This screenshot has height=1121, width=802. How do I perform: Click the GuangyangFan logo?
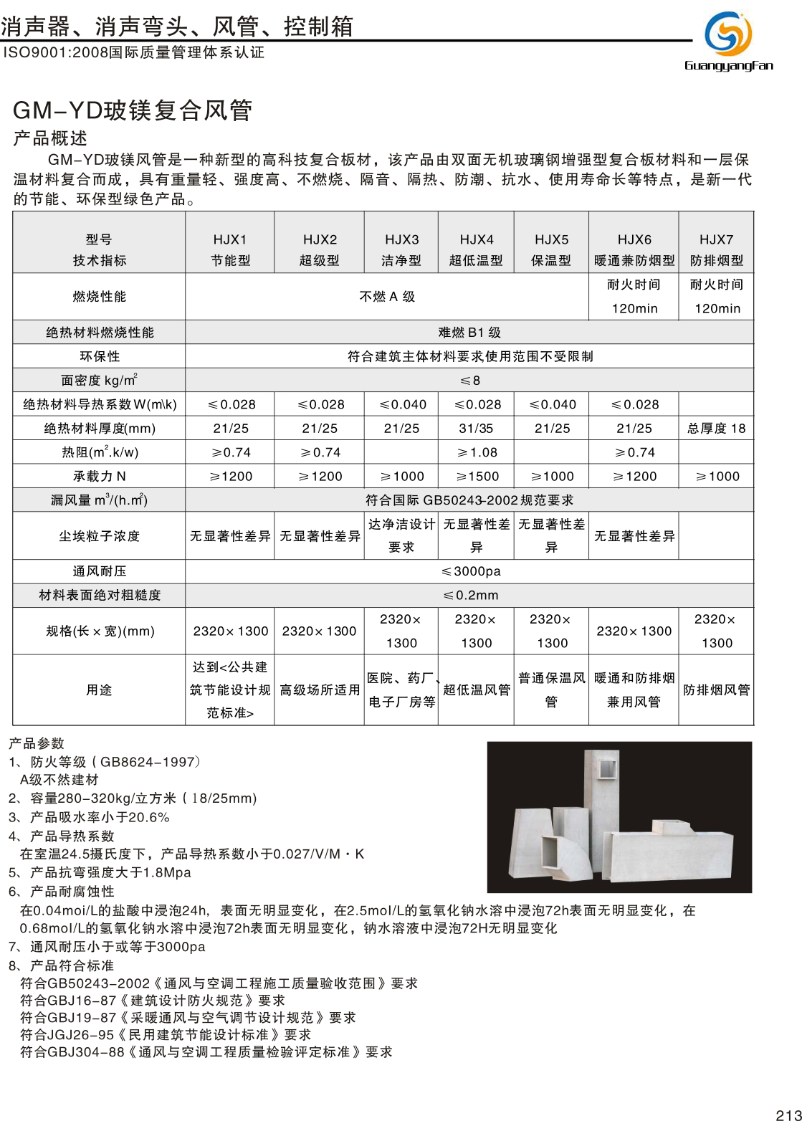[x=728, y=40]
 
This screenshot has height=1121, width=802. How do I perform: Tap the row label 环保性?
[x=100, y=356]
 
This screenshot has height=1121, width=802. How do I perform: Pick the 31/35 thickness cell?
[x=477, y=428]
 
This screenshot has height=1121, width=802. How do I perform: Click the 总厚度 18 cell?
[x=716, y=428]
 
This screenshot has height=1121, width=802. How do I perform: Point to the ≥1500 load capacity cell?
[x=477, y=476]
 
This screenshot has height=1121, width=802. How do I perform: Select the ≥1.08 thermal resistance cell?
[x=477, y=452]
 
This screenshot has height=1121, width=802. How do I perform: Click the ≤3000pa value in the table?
[x=470, y=571]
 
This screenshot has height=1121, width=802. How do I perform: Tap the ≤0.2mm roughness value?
[x=470, y=595]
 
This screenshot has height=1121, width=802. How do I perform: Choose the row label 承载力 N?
[x=100, y=476]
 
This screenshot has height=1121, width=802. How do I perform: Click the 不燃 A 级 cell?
[x=387, y=297]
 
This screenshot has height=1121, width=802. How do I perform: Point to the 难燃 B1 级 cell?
[x=469, y=333]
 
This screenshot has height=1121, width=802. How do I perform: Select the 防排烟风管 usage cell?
[x=716, y=690]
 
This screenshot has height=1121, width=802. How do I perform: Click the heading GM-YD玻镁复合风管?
[x=133, y=110]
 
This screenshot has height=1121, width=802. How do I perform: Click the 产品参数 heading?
[x=37, y=743]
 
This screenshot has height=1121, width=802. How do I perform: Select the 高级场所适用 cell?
[x=319, y=690]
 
